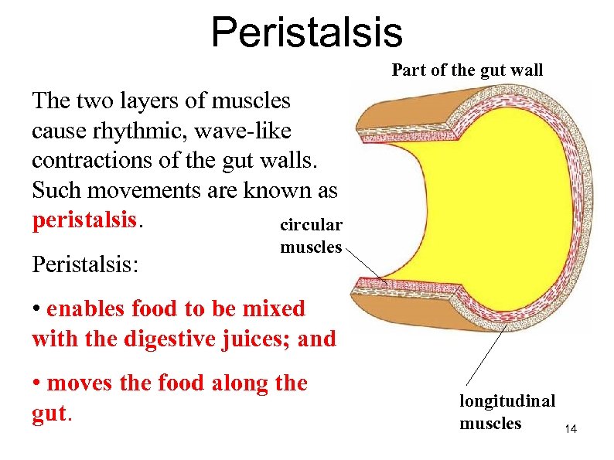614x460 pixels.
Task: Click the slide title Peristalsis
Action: click(x=307, y=32)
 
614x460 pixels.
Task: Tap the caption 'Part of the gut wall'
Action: click(x=467, y=70)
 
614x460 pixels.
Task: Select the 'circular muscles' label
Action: click(x=310, y=236)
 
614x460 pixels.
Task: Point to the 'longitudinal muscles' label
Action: click(x=507, y=412)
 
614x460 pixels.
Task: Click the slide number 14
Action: click(x=571, y=428)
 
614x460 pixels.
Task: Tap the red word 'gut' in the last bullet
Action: click(x=50, y=413)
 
